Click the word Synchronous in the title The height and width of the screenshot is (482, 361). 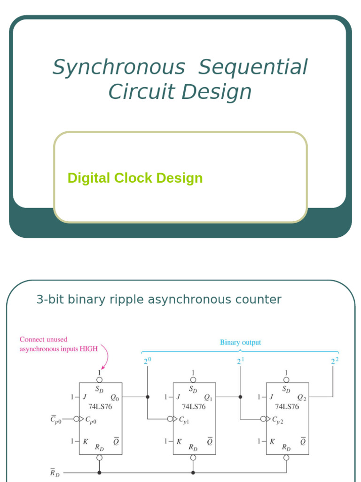pyautogui.click(x=118, y=67)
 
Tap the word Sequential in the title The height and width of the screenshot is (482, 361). pyautogui.click(x=253, y=67)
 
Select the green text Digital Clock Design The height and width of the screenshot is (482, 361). pyautogui.click(x=135, y=178)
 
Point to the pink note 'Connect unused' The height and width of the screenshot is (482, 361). pyautogui.click(x=43, y=339)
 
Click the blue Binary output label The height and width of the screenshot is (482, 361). pyautogui.click(x=240, y=343)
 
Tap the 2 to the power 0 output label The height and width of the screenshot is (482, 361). pyautogui.click(x=147, y=361)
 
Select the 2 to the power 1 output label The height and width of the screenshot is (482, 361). pyautogui.click(x=240, y=361)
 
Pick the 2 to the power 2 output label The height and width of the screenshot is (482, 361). pyautogui.click(x=334, y=361)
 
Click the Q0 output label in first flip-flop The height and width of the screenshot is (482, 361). pyautogui.click(x=115, y=397)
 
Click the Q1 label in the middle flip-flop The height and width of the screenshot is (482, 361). pyautogui.click(x=208, y=397)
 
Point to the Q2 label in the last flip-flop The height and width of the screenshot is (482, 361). pyautogui.click(x=301, y=397)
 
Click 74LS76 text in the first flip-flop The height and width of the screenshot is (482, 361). pyautogui.click(x=101, y=407)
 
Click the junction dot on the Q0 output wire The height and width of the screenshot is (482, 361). pyautogui.click(x=147, y=397)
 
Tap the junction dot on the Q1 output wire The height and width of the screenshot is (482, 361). pyautogui.click(x=240, y=397)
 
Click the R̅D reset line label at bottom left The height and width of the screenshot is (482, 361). pyautogui.click(x=55, y=473)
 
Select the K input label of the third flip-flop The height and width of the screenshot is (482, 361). pyautogui.click(x=272, y=442)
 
